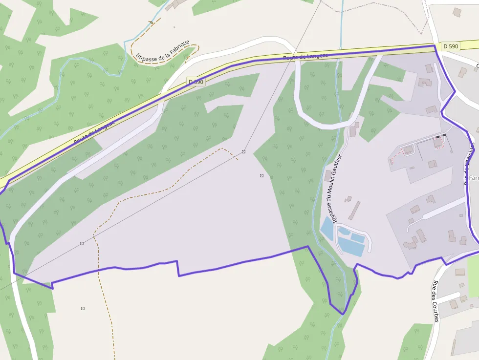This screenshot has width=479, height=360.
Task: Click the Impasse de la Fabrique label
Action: (162, 51)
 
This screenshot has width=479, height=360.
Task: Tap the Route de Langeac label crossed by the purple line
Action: (305, 57)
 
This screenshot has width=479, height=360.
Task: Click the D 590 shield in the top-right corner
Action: (450, 46)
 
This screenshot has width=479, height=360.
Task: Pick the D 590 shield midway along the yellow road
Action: (196, 82)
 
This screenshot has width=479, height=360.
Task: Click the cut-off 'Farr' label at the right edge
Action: (473, 178)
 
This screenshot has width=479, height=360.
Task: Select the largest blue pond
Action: (351, 247)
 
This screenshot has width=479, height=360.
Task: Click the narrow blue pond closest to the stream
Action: (327, 228)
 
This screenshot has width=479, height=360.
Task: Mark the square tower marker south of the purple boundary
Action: (83, 308)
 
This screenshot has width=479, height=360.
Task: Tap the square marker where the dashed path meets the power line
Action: (243, 151)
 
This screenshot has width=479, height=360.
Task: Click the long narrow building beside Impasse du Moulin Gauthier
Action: (354, 211)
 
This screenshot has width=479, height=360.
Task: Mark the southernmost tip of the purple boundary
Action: (344, 314)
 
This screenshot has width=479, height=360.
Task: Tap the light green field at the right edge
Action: (473, 276)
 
